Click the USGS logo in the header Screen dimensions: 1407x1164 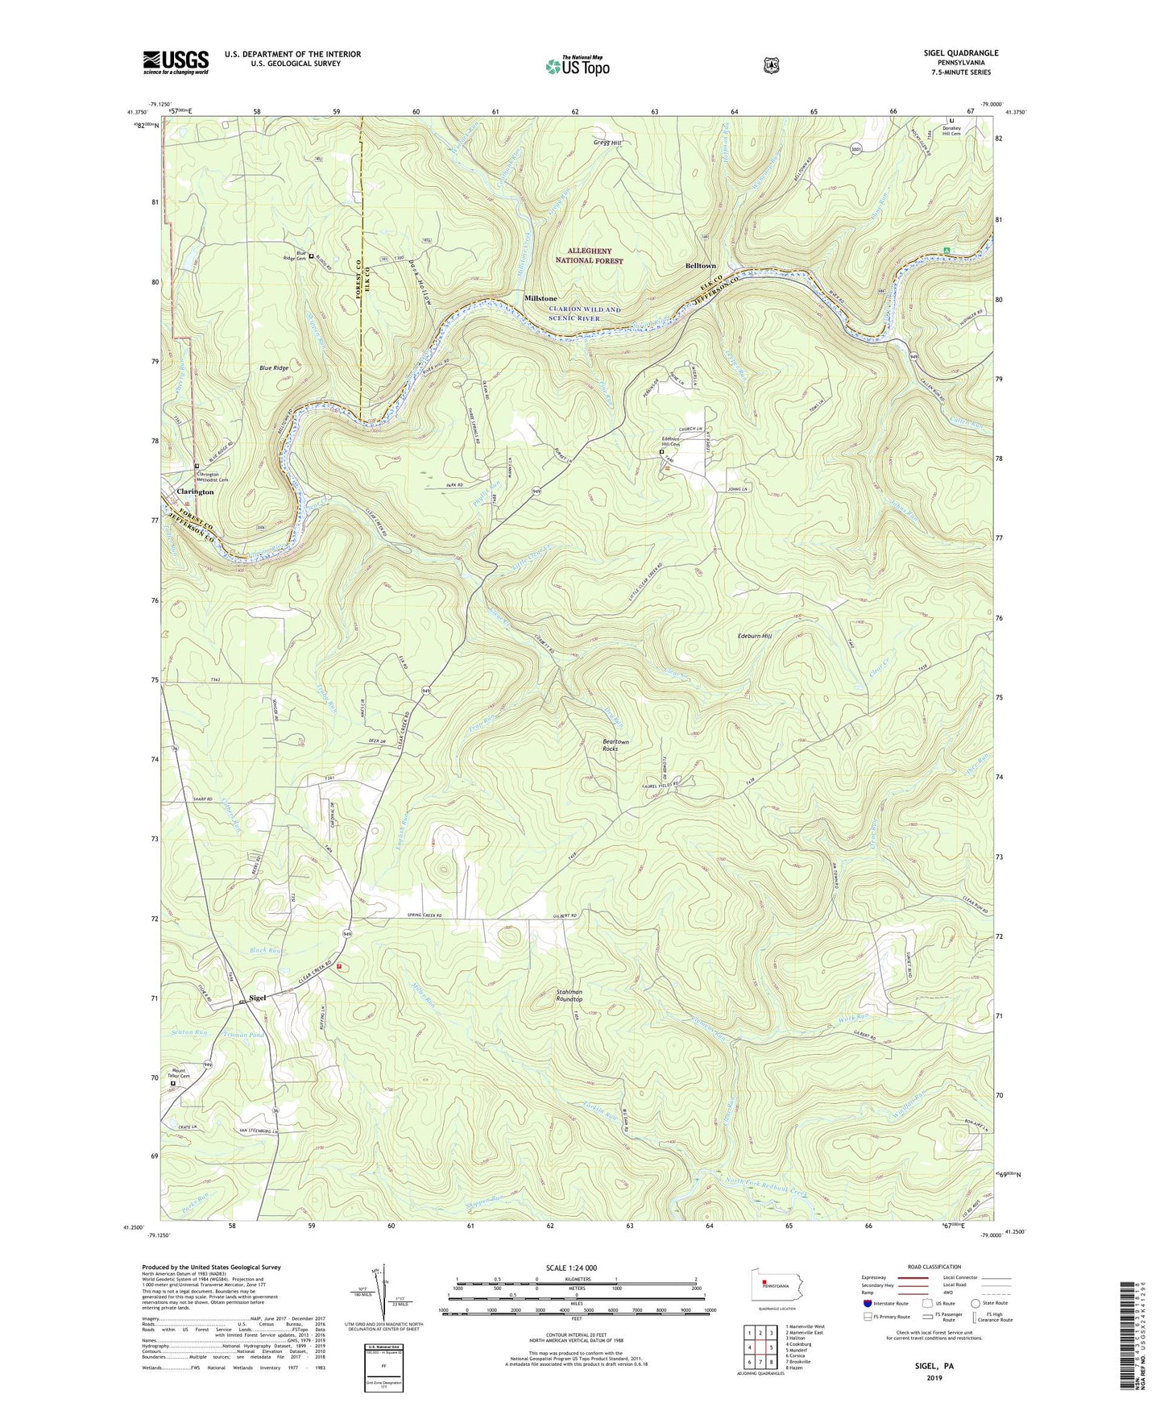176,62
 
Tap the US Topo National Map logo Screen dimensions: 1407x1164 577,64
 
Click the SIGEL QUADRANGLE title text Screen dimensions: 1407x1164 960,53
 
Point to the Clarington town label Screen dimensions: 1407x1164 195,492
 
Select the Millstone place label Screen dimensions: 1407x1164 541,298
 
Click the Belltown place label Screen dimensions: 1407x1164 700,266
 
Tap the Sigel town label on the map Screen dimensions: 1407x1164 258,998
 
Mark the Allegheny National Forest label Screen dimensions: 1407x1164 589,256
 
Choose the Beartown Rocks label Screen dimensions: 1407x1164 610,745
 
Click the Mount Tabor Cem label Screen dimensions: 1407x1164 178,1074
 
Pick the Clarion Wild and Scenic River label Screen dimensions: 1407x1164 585,313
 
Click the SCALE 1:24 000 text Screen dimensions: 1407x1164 570,1268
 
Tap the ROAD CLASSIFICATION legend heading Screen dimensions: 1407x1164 933,1268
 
